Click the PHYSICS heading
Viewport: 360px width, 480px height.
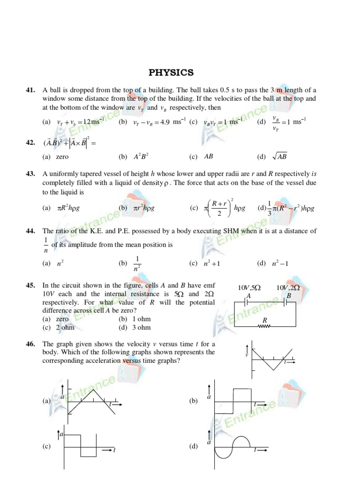171,72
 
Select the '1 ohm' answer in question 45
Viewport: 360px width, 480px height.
141,319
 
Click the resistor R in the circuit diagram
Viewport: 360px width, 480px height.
264,325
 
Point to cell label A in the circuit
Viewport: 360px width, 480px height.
249,296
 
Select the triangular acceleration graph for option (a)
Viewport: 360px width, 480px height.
92,401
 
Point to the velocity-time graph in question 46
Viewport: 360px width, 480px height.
272,359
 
